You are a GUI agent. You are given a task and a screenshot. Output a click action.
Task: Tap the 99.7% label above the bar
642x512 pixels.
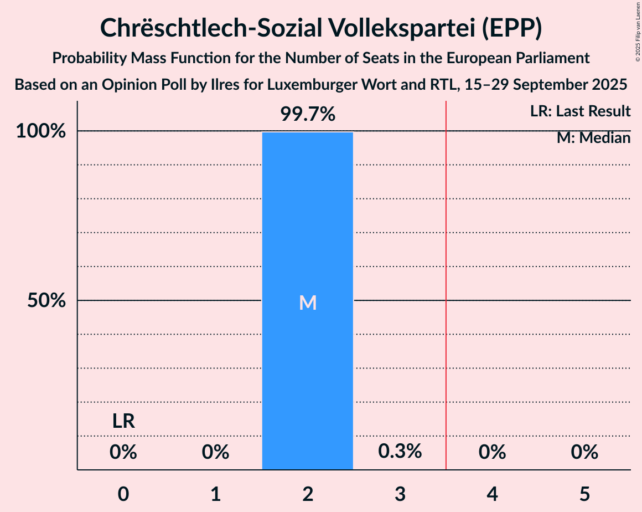(x=308, y=115)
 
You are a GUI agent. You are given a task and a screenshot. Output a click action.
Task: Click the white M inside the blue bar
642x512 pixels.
(x=308, y=303)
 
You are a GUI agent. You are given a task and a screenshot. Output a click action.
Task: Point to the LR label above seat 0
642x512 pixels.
(x=123, y=421)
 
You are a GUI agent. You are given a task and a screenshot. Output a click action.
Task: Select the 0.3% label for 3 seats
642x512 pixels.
(x=400, y=452)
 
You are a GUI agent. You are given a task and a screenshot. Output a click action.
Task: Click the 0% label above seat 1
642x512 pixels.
(x=215, y=453)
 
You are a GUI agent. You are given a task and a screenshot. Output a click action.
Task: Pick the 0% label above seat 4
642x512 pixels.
(x=492, y=453)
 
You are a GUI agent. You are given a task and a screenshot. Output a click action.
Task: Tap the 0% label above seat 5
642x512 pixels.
(x=584, y=453)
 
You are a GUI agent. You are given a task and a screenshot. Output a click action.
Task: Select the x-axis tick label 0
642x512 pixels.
(x=123, y=494)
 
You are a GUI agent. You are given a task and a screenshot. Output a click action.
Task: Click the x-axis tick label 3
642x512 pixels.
(x=400, y=494)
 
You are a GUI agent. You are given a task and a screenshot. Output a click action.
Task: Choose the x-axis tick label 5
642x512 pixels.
(x=584, y=494)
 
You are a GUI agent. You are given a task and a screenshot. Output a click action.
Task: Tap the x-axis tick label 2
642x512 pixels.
(x=308, y=494)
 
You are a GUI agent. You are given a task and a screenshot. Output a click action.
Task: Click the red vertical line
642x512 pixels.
(x=446, y=277)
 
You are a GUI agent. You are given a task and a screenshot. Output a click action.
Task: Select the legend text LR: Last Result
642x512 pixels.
(x=580, y=111)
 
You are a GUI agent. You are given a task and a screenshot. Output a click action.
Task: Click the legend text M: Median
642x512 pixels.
(x=593, y=138)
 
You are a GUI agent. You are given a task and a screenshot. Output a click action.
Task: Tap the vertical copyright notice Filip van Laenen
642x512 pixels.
(x=637, y=30)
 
